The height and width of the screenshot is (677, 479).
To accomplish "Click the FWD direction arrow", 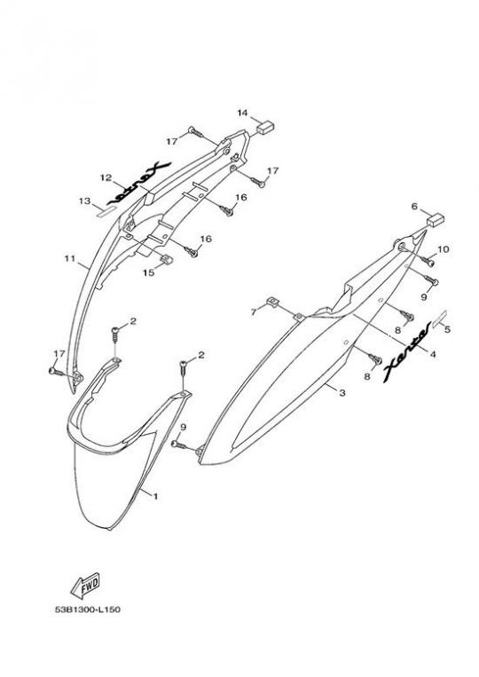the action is [x=85, y=585].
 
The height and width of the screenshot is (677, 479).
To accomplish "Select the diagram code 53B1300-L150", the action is [x=88, y=610].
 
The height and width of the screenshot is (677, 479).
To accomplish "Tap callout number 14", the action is [x=242, y=113].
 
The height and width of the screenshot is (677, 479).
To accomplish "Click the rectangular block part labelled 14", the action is [x=266, y=127].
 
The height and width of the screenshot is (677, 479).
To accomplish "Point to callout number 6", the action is [x=414, y=207].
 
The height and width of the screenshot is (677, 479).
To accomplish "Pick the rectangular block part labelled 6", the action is [x=436, y=220].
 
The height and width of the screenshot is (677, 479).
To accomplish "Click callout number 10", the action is [x=444, y=249].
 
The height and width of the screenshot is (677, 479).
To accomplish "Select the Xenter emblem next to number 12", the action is [x=139, y=183].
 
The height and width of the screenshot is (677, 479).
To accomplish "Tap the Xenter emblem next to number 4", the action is [x=406, y=353].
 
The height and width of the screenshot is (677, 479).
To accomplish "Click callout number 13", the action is [x=84, y=201].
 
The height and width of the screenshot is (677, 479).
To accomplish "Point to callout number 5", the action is [x=447, y=329].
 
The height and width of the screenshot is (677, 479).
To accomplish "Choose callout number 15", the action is [x=148, y=273].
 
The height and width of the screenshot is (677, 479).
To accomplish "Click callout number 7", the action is [x=255, y=311].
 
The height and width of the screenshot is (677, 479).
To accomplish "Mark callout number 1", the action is [x=155, y=497].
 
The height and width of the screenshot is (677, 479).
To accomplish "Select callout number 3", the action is [x=342, y=393].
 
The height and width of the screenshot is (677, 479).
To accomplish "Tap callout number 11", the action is [x=69, y=259].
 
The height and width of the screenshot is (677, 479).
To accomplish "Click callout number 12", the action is [x=106, y=177].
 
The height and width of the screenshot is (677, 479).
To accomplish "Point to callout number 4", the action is [x=433, y=354].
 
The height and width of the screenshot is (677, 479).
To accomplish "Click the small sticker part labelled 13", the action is [x=106, y=210].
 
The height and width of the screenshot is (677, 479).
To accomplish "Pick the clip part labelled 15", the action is [x=167, y=259].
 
